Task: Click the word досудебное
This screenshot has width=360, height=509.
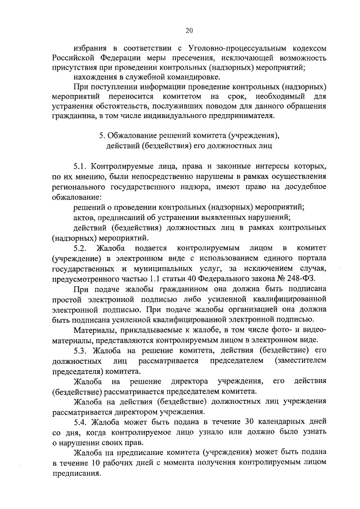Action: (x=301, y=187)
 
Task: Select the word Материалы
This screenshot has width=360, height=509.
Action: (x=96, y=330)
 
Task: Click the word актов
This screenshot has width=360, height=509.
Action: (x=84, y=217)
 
